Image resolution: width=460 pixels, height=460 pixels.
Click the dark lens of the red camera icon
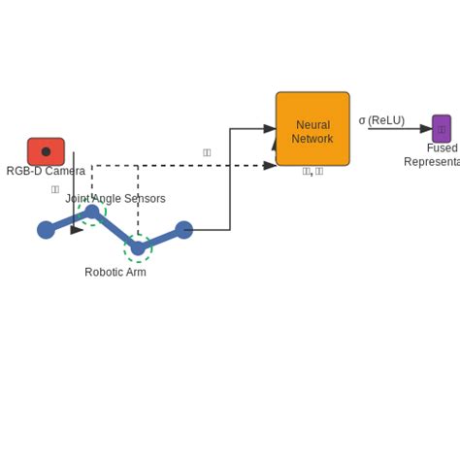(x=46, y=151)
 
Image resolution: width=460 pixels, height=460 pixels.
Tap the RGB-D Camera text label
(x=46, y=172)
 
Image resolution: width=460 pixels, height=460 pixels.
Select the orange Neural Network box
(x=312, y=129)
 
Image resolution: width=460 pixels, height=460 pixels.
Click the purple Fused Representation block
(x=442, y=129)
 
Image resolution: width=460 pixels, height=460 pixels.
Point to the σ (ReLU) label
(x=381, y=120)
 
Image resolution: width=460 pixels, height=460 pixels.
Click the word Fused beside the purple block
(x=443, y=148)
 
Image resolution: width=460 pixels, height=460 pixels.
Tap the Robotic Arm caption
(x=115, y=273)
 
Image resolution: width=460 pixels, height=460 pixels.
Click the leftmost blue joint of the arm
(x=46, y=230)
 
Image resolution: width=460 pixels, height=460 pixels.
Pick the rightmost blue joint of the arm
(x=183, y=230)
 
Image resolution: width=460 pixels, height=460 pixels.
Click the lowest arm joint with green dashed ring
(x=138, y=248)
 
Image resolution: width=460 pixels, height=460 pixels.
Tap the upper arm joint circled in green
(x=92, y=213)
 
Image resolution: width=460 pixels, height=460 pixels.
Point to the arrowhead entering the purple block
(x=426, y=129)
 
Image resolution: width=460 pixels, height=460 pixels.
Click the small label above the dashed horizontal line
(x=207, y=152)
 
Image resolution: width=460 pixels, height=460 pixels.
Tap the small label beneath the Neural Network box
(x=312, y=172)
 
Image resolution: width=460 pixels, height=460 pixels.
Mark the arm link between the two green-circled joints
(x=115, y=230)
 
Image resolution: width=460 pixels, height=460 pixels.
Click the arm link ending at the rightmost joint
(x=161, y=239)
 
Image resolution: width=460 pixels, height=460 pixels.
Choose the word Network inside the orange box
(x=312, y=140)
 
